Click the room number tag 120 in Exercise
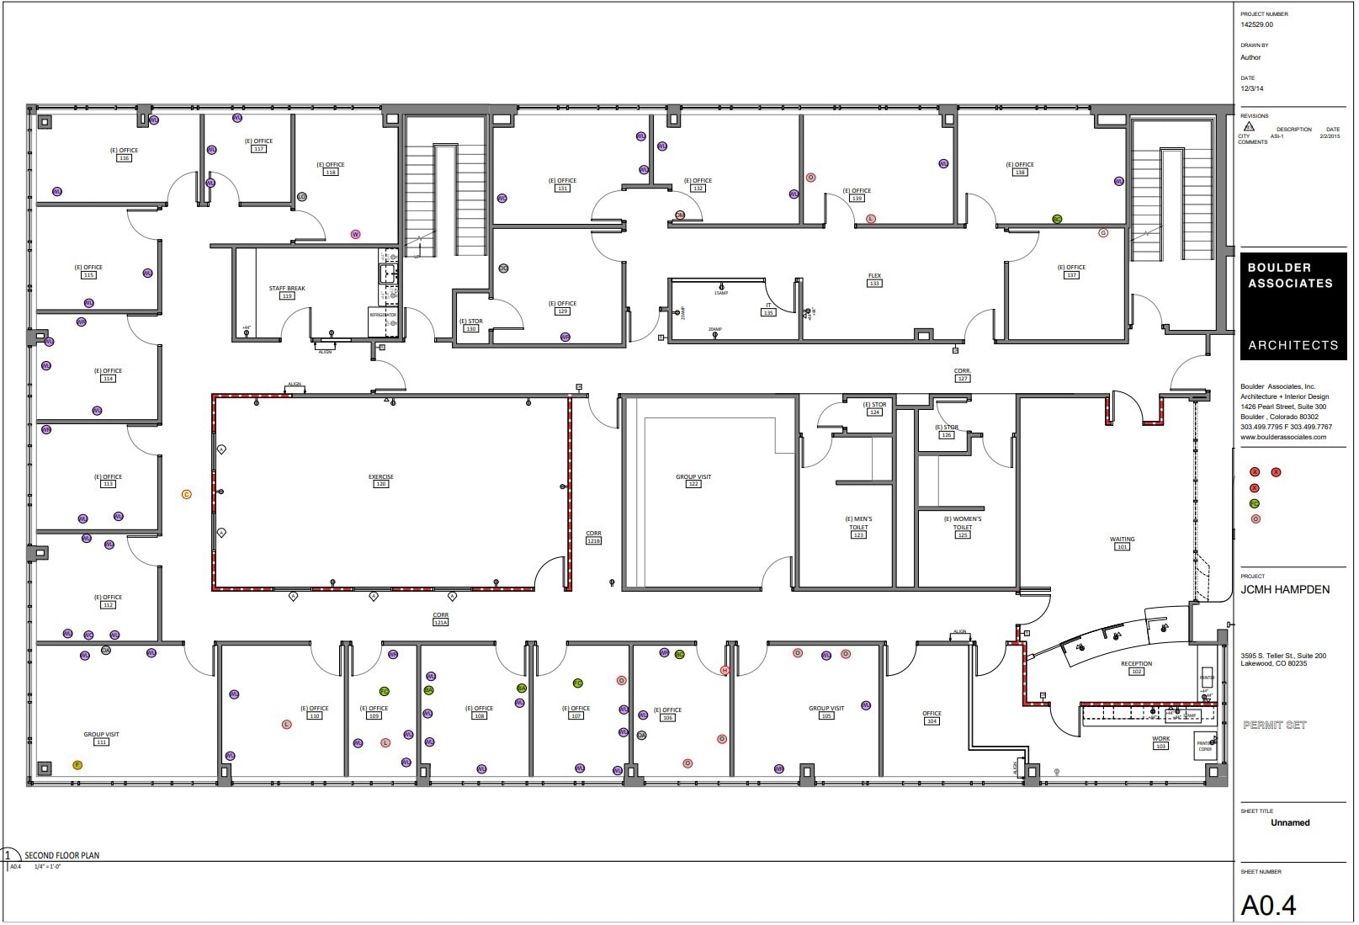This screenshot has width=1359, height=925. tap(380, 485)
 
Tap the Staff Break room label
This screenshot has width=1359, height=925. tap(287, 290)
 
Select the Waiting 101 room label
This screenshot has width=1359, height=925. tap(1123, 540)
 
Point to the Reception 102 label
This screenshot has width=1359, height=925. tap(1136, 665)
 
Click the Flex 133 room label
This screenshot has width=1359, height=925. tap(874, 277)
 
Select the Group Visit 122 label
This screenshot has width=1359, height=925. tap(693, 478)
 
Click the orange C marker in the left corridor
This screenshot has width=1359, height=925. tap(187, 495)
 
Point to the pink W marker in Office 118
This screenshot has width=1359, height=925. tap(355, 235)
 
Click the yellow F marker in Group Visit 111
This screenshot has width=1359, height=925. tap(77, 766)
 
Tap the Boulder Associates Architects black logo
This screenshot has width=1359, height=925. tap(1293, 306)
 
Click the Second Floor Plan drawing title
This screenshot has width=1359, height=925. tap(61, 856)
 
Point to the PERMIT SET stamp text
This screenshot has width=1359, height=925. tap(1274, 726)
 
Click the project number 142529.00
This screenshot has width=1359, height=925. tap(1257, 25)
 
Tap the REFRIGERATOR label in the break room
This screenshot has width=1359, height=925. tap(382, 315)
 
